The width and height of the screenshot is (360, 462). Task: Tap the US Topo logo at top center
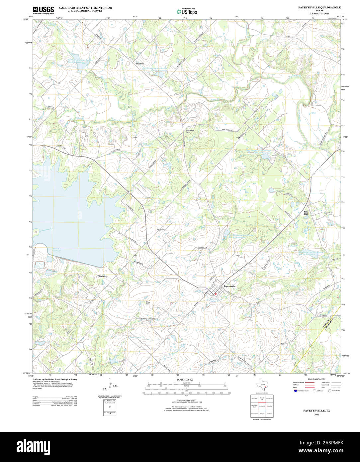coord(187,11)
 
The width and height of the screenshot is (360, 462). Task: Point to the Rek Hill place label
coord(306,213)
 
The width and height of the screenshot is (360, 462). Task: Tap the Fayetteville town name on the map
coord(229,286)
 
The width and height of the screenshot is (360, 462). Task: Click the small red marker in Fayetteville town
coord(216,294)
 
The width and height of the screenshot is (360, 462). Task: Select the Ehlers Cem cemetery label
coord(148,303)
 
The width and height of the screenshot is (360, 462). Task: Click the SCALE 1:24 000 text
coord(185,380)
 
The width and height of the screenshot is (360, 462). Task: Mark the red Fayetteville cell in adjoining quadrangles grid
coord(262,406)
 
